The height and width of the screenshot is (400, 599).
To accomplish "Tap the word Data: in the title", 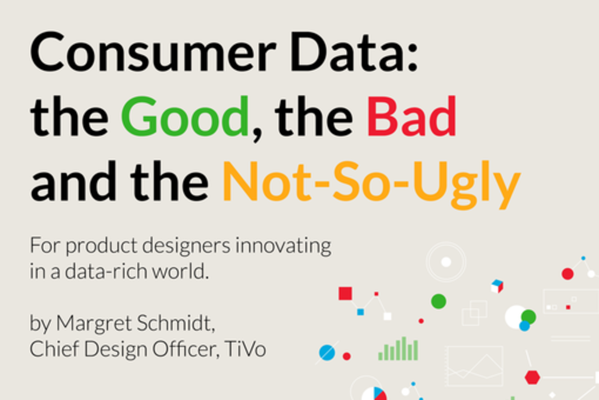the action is [354, 52].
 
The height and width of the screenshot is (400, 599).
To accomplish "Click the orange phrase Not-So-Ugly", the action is [371, 184].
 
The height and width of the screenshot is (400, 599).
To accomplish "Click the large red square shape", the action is [345, 293].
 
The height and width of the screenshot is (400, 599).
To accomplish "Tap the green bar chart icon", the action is [398, 349].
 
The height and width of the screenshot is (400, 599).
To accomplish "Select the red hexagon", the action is [532, 377].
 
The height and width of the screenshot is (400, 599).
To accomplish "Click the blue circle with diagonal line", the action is [327, 352].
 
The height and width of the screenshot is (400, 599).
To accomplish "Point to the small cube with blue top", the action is [497, 286].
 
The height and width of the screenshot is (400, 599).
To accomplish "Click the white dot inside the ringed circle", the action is [446, 262].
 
